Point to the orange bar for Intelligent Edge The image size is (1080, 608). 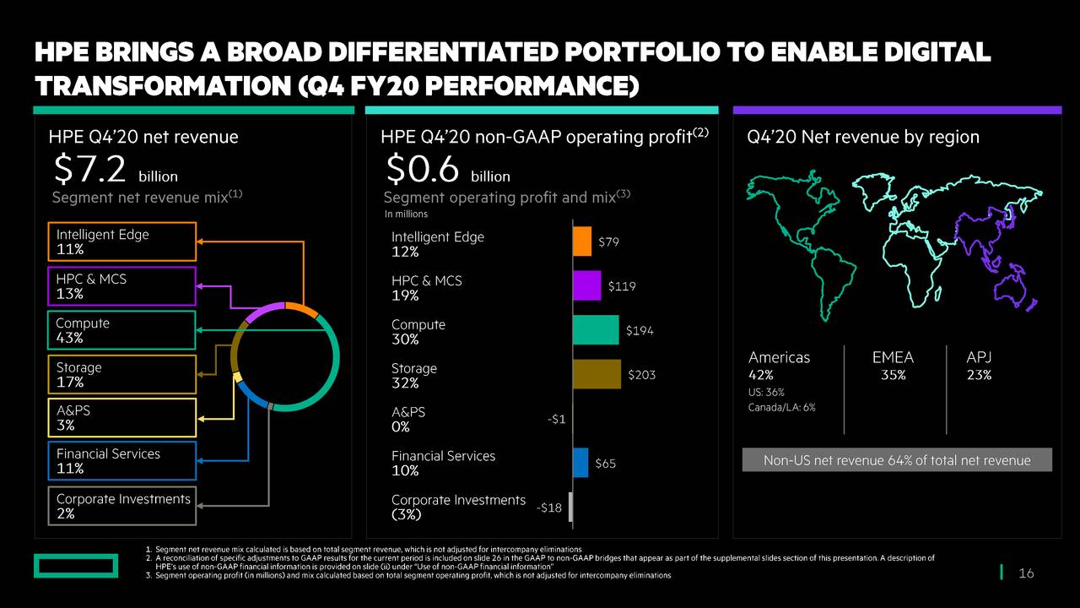tap(582, 242)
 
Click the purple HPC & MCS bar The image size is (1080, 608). tap(586, 285)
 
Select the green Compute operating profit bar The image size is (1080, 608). tap(595, 330)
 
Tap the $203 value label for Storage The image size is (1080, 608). tap(641, 375)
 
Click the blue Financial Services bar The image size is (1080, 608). tap(580, 463)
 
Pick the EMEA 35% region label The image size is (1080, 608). tap(893, 366)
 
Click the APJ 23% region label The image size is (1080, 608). tap(979, 366)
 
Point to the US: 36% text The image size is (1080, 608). tap(766, 393)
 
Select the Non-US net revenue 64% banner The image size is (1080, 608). tap(897, 460)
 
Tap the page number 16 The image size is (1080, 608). tap(1026, 574)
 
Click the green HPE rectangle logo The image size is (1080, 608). tap(76, 566)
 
